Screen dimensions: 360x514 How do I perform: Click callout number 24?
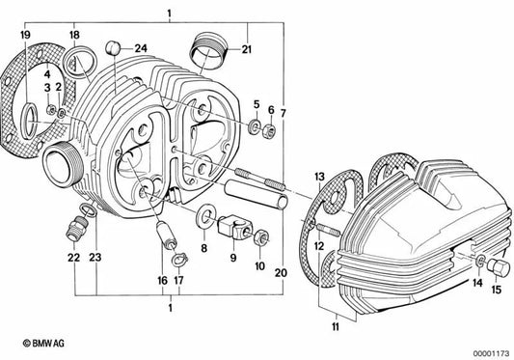141,47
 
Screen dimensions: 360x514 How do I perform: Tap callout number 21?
247,48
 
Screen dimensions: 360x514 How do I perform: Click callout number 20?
280,274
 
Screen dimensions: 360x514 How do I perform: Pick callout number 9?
232,259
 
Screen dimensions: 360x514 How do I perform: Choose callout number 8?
203,249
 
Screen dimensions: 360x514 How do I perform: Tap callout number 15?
499,289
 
